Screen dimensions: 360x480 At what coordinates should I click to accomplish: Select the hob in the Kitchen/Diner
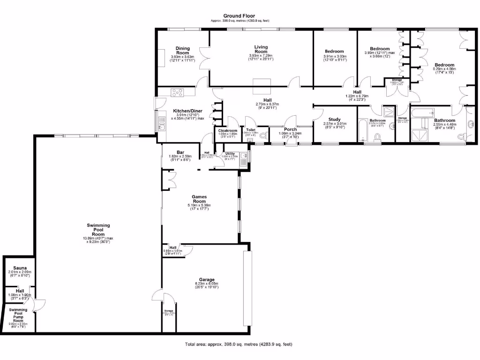click(x=177, y=92)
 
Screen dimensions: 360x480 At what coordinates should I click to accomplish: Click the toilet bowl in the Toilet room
click(x=262, y=136)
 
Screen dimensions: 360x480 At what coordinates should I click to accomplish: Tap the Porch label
click(x=290, y=129)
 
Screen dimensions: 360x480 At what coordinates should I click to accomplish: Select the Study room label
click(x=334, y=120)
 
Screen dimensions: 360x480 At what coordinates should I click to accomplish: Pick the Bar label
click(x=180, y=152)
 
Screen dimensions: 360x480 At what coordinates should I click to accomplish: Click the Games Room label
click(x=199, y=199)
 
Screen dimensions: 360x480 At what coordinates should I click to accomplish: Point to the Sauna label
click(x=19, y=268)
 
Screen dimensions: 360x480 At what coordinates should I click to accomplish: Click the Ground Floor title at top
click(x=239, y=15)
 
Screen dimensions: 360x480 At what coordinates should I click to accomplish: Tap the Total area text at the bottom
click(x=239, y=344)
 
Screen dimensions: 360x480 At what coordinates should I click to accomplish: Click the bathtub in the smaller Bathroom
click(x=363, y=131)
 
